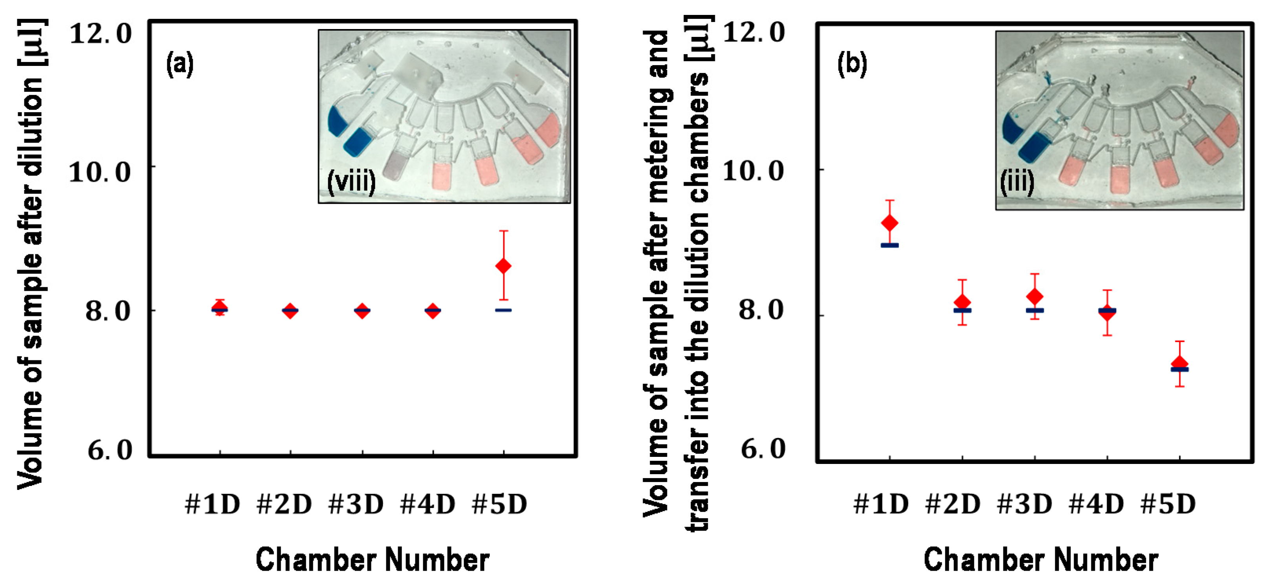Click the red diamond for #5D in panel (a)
click(x=503, y=266)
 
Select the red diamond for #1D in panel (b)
click(x=890, y=223)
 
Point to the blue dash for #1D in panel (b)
click(x=890, y=245)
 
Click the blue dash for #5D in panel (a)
click(x=503, y=310)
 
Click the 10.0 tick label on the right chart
click(x=754, y=172)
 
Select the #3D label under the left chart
click(x=356, y=504)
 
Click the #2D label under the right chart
click(x=952, y=504)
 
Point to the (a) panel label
click(x=180, y=64)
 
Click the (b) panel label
click(x=852, y=64)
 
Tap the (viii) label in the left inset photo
click(x=351, y=182)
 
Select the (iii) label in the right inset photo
click(x=1017, y=183)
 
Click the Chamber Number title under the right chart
click(x=1041, y=559)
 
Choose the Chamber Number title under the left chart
click(x=373, y=559)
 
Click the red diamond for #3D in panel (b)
click(x=1035, y=296)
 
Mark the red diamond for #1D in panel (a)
click(x=219, y=308)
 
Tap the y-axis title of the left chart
click(x=31, y=255)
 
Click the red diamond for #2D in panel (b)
click(x=962, y=302)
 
